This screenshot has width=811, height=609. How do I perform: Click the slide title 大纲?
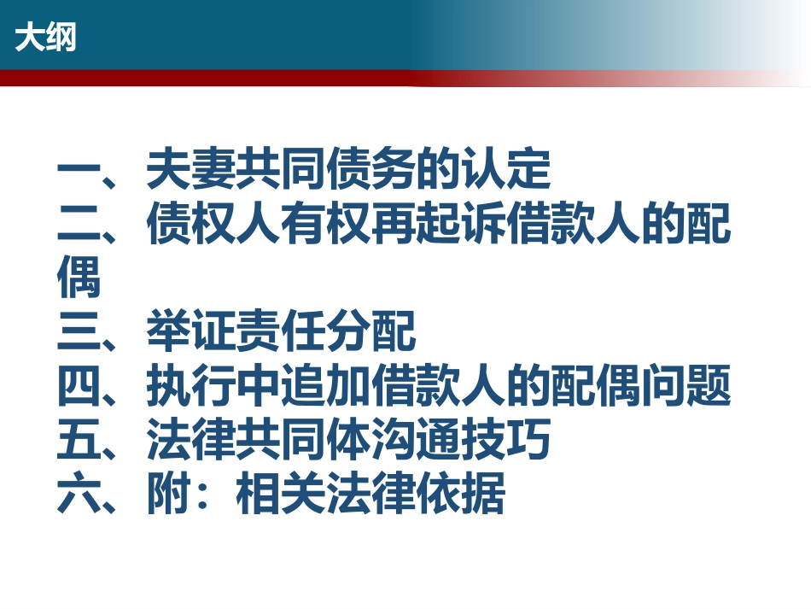(x=45, y=38)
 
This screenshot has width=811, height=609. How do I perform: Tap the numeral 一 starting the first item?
(x=79, y=168)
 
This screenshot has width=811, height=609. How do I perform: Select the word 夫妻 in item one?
(x=191, y=168)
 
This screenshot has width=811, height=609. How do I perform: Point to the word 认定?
(x=505, y=168)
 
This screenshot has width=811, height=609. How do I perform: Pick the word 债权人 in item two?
(x=213, y=223)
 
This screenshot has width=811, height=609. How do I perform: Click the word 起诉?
(x=460, y=223)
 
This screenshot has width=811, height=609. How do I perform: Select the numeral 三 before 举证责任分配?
(x=79, y=331)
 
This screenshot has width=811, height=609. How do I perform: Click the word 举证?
(x=191, y=331)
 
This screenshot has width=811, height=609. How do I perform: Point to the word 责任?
(x=281, y=331)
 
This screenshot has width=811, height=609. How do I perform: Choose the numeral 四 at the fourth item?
(x=79, y=384)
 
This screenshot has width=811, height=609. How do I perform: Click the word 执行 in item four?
(x=191, y=384)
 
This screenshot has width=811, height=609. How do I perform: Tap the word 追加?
(x=325, y=384)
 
